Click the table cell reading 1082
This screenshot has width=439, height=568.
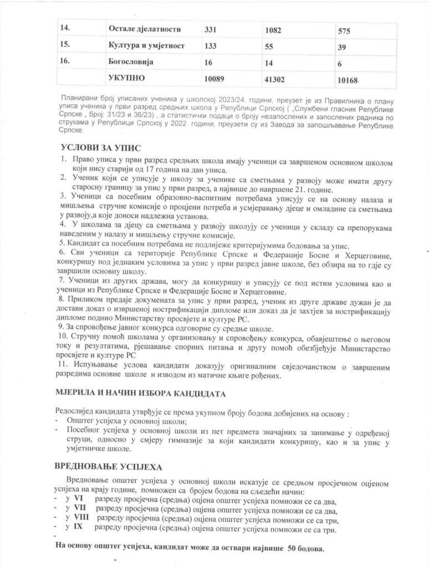pos(274,29)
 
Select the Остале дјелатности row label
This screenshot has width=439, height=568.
pos(146,28)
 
